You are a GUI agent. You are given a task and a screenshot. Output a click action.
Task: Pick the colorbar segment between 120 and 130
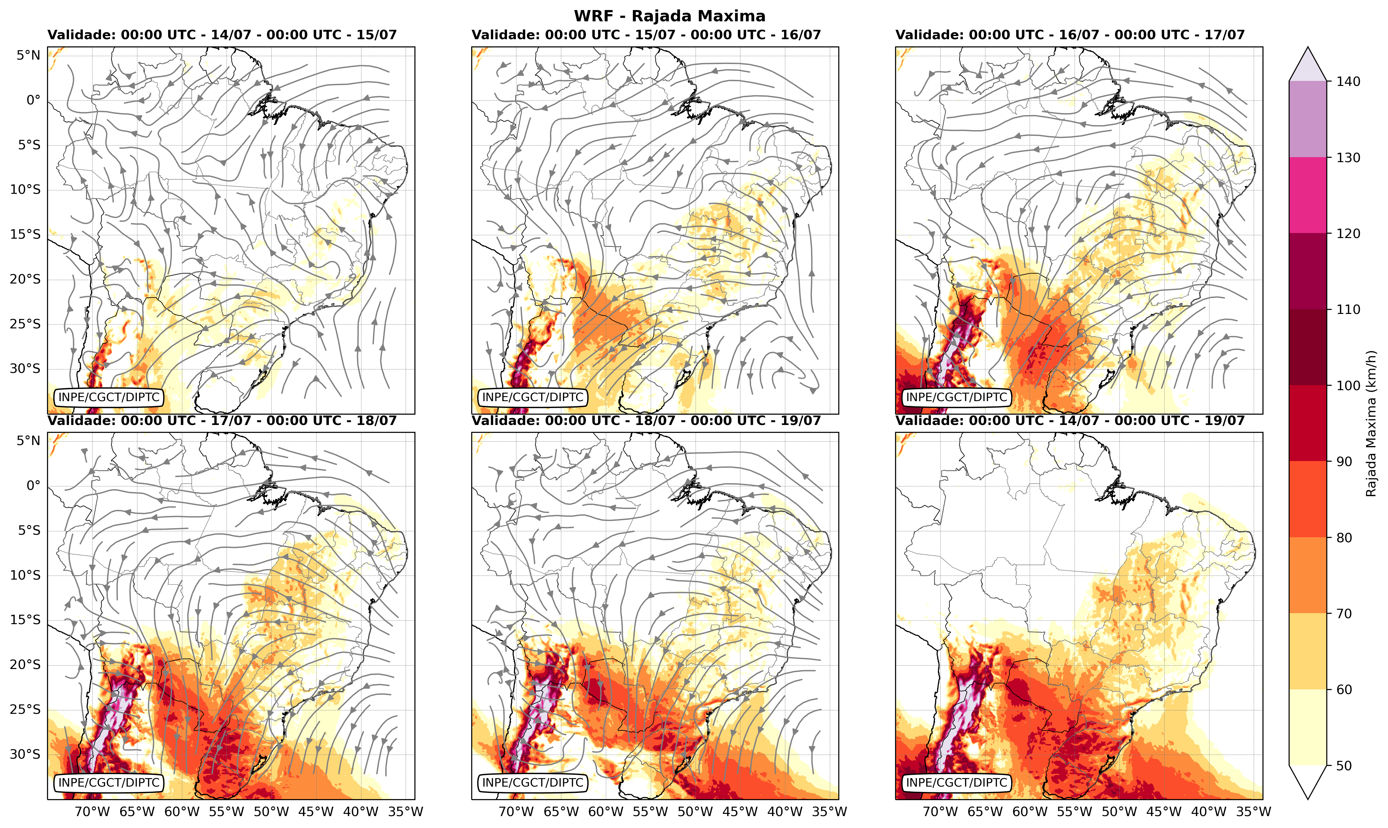click(x=1308, y=195)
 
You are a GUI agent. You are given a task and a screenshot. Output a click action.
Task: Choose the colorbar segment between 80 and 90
click(x=1308, y=499)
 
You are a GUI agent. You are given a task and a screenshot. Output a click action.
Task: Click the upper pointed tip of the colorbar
click(x=1308, y=47)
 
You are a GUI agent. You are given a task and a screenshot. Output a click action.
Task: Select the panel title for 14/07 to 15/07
click(x=222, y=34)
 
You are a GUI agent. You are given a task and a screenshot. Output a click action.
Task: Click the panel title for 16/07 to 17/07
click(x=1070, y=34)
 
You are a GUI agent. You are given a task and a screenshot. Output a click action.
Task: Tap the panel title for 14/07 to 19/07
click(x=1070, y=420)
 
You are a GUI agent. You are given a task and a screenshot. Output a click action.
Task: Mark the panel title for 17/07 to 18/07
click(x=222, y=420)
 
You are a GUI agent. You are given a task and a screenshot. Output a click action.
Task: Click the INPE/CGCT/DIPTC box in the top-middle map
click(x=532, y=397)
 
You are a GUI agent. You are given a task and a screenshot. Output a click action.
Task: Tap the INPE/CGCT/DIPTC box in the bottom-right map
click(x=957, y=783)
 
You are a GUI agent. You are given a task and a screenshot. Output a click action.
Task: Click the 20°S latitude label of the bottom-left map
click(x=25, y=665)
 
